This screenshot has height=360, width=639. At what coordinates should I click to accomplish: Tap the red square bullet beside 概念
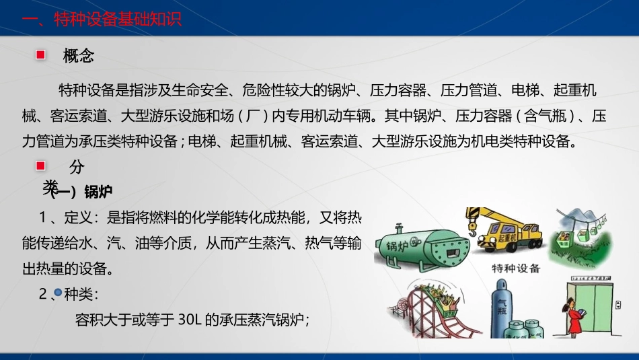pos(40,55)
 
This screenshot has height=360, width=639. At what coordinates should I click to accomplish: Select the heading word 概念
pos(79,56)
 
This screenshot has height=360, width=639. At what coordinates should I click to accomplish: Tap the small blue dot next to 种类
pos(58,293)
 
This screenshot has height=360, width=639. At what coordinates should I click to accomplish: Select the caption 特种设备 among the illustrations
pos(516,269)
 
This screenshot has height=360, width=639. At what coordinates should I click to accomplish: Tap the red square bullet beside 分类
pos(40,166)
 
